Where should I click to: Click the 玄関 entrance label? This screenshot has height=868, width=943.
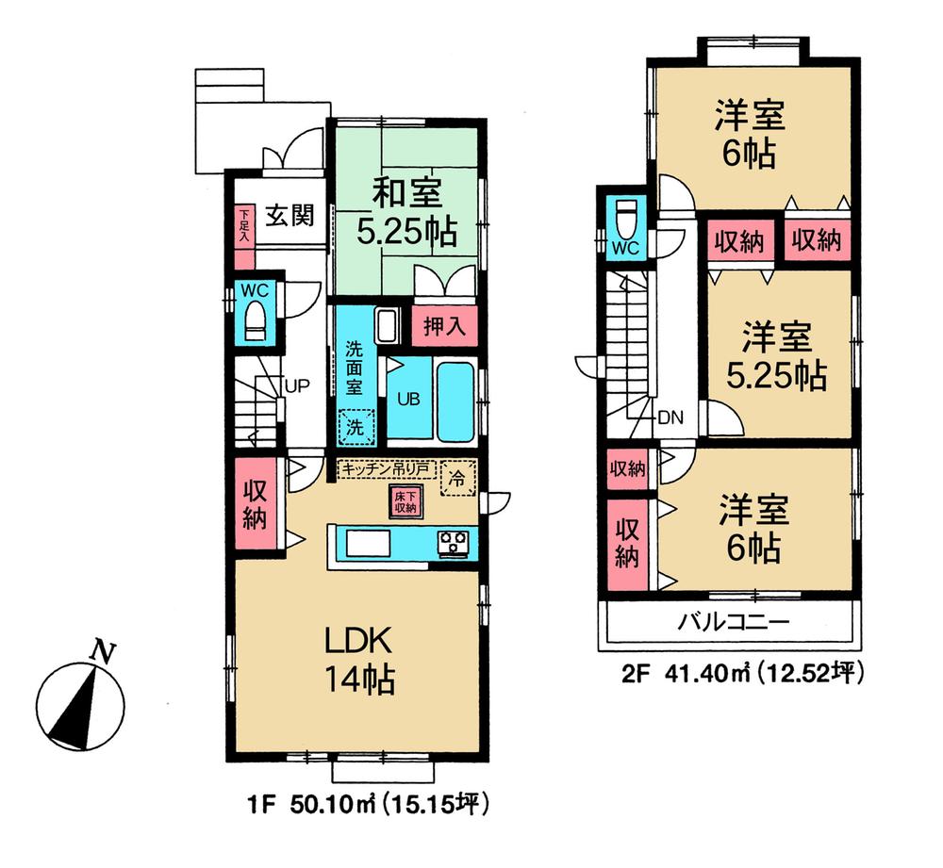coord(288,215)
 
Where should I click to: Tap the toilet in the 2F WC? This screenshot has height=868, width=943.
coord(625,221)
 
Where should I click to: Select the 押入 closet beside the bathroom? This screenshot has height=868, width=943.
coord(442,327)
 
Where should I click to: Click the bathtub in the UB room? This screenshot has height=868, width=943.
coord(455,401)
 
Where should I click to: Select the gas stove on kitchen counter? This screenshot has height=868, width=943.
coord(453,542)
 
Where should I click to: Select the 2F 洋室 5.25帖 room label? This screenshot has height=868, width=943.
coord(776,355)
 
